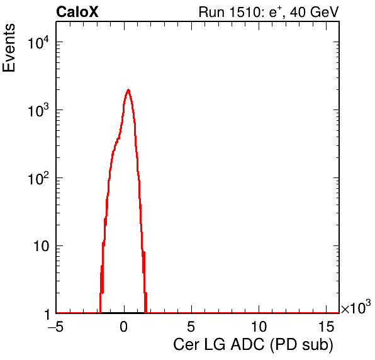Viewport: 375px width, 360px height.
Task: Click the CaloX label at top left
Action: (x=77, y=12)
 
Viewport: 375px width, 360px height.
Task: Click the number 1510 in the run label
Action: (x=243, y=12)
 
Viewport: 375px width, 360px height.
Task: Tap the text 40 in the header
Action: (x=298, y=12)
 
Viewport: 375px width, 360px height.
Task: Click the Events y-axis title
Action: (x=9, y=48)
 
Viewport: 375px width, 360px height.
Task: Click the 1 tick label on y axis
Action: (x=47, y=314)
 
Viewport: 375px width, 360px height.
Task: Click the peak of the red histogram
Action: (x=128, y=90)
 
